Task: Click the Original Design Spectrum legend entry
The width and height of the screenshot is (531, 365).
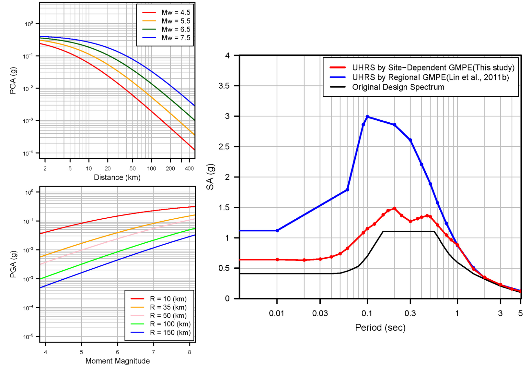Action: pyautogui.click(x=398, y=87)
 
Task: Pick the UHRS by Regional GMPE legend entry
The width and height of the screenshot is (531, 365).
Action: pyautogui.click(x=430, y=78)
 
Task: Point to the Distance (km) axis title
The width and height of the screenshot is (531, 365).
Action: pyautogui.click(x=117, y=177)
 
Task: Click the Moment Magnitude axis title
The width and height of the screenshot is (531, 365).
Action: pyautogui.click(x=118, y=361)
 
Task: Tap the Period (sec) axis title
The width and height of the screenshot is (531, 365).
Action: pyautogui.click(x=380, y=327)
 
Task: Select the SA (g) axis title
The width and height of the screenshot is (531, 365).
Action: pyautogui.click(x=210, y=177)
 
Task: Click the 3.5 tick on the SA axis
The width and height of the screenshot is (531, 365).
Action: pyautogui.click(x=224, y=86)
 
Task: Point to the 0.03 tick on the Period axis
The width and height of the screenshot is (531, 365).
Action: pyautogui.click(x=320, y=313)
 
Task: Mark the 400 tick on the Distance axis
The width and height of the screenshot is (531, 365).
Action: pyautogui.click(x=189, y=169)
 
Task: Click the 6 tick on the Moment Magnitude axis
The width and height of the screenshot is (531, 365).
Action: pyautogui.click(x=117, y=352)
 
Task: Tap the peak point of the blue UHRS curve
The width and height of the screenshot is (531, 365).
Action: pyautogui.click(x=367, y=116)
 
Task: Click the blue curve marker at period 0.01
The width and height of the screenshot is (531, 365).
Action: pyautogui.click(x=277, y=231)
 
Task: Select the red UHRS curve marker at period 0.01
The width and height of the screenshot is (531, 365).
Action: pyautogui.click(x=277, y=260)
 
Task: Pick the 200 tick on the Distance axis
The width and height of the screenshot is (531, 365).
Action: pyautogui.click(x=170, y=169)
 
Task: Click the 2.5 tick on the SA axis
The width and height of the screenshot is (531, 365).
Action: pyautogui.click(x=224, y=147)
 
